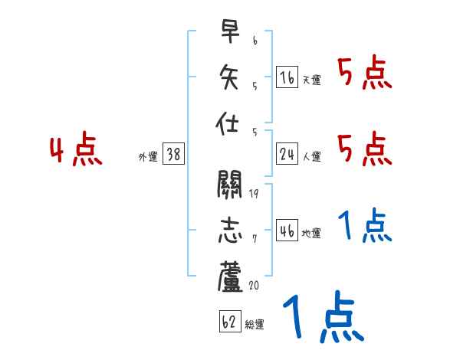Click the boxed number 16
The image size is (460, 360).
[x=287, y=77]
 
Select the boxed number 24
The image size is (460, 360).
[x=287, y=154]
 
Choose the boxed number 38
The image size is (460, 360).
[x=172, y=154]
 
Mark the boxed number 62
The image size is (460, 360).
[x=228, y=322]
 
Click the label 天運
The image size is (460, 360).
[x=310, y=80]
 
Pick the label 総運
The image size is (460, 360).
[x=254, y=325]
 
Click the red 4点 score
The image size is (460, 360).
[x=76, y=150]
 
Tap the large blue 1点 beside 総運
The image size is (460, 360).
[x=322, y=318]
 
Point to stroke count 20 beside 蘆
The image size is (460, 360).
[x=255, y=285]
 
